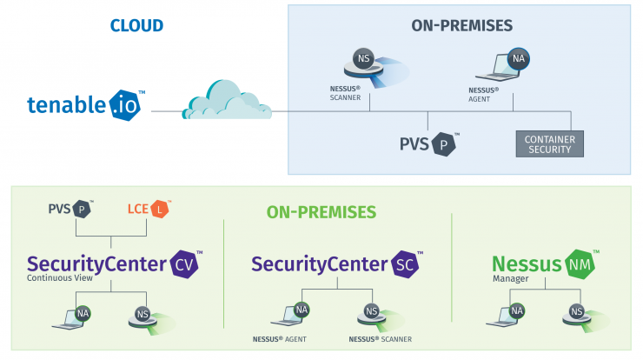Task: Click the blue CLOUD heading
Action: pos(136,25)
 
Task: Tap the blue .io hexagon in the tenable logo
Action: pos(124,105)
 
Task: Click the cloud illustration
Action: pos(227,100)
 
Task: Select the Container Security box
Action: pos(549,144)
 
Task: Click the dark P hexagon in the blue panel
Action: pos(443,144)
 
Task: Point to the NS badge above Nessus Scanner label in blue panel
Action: pos(363,59)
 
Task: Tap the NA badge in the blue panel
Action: pos(519,59)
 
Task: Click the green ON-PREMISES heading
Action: pos(321,212)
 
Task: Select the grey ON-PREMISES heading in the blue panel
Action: pos(461,25)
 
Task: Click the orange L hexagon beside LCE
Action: pos(160,210)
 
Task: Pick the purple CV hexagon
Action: pos(184,264)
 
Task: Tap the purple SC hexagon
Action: pos(405,264)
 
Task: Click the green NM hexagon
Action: pos(580,264)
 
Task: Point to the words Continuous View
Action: pos(60,278)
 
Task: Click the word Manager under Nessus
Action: pos(511,278)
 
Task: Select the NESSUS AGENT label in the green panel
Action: pos(279,339)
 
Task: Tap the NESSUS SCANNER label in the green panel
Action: pos(380,339)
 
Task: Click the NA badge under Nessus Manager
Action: pos(517,311)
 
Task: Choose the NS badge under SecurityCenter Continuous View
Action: pos(143,315)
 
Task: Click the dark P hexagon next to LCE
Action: pos(82,210)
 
